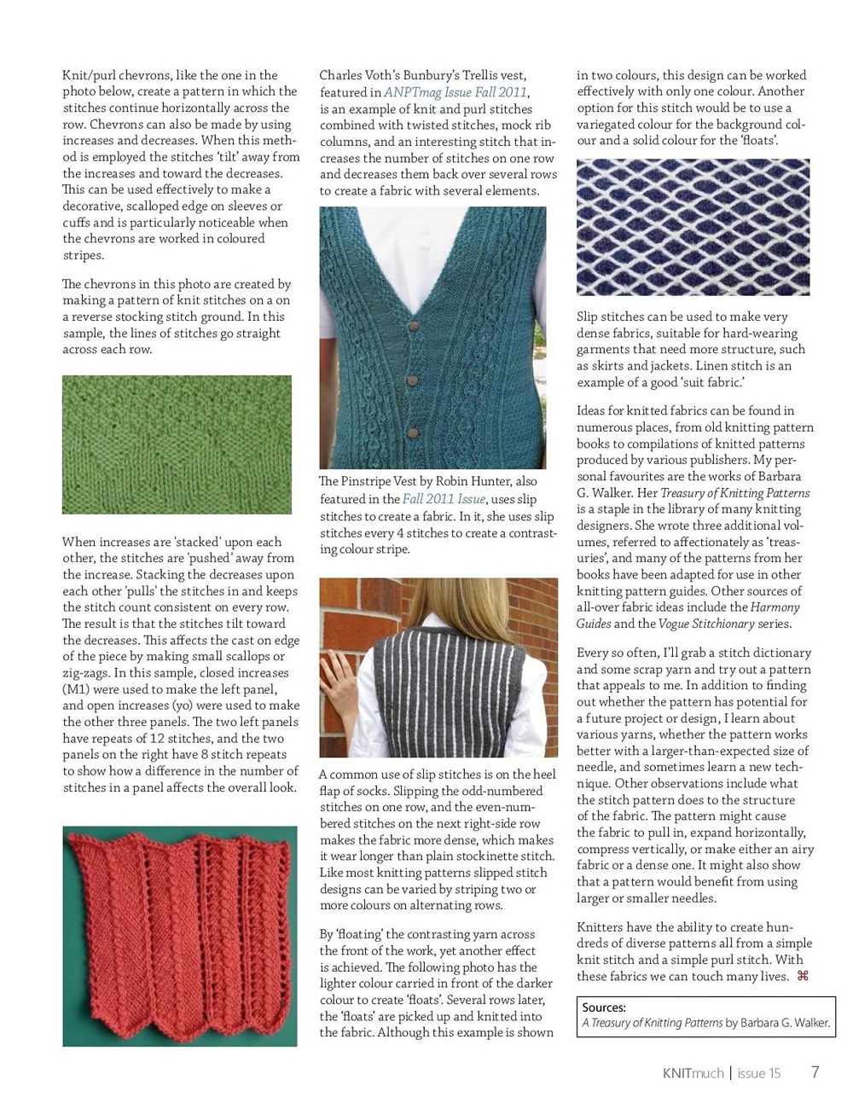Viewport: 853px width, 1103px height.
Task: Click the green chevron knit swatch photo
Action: point(177,444)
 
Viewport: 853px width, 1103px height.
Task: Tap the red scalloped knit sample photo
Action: point(180,936)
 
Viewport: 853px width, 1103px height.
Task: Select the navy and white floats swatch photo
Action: point(693,227)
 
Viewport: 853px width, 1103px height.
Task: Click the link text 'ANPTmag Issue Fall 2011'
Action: point(456,92)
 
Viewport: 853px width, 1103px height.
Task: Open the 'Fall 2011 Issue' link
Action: point(444,499)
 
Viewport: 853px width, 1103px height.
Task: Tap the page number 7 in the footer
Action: point(815,1072)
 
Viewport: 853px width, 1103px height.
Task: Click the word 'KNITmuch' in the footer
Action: point(693,1073)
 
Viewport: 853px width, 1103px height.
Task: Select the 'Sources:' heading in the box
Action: point(604,1007)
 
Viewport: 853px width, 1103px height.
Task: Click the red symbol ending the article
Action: point(802,976)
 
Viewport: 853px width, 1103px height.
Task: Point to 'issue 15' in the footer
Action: point(758,1073)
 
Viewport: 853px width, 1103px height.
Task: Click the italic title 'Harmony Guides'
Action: point(688,615)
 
